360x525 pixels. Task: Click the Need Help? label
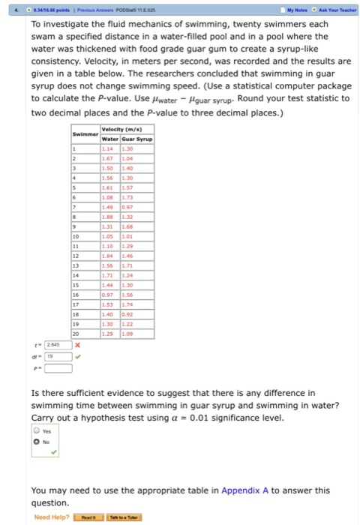point(52,517)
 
